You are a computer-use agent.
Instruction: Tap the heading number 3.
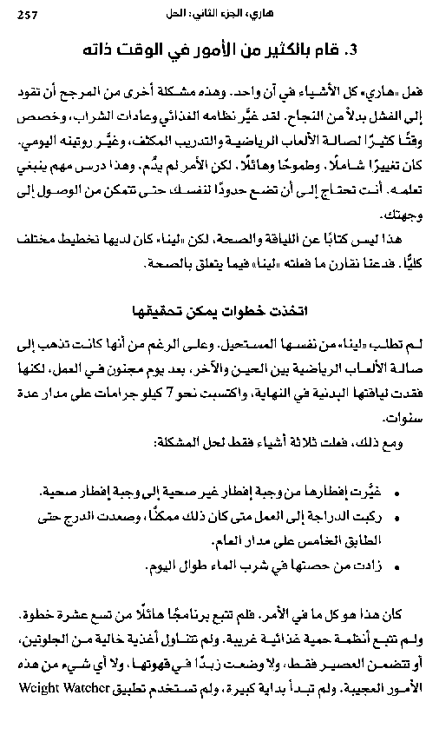[x=351, y=50]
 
